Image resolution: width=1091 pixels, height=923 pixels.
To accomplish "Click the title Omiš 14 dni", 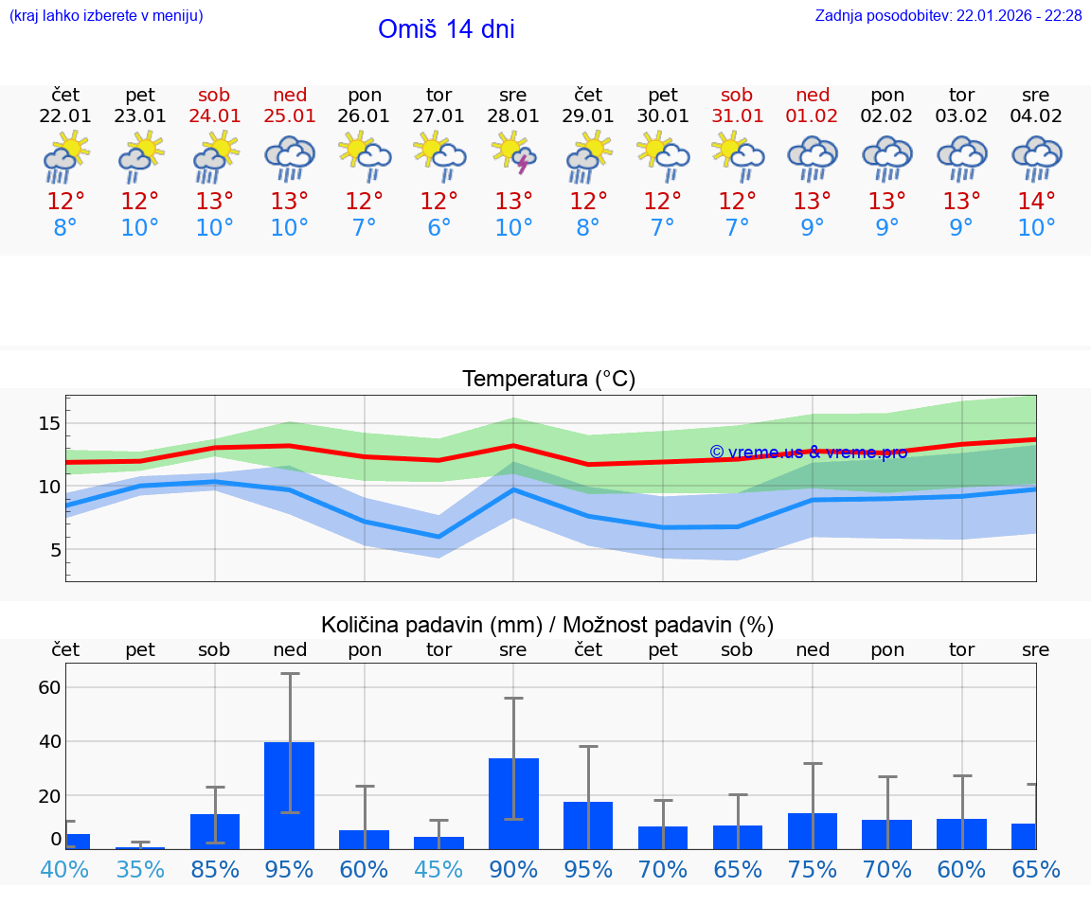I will click(446, 29).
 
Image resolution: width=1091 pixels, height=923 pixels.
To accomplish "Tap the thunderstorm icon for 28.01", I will click(513, 156).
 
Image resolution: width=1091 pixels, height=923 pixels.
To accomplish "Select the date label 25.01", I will click(290, 116).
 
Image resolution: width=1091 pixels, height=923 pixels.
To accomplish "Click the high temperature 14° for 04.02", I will click(1036, 201).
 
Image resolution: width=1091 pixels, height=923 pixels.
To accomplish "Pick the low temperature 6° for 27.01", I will click(438, 227).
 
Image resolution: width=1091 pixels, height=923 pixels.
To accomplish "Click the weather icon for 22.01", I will click(65, 156).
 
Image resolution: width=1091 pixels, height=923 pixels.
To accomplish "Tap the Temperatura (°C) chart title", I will click(548, 380).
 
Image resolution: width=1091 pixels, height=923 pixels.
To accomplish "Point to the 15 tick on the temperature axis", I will click(49, 423).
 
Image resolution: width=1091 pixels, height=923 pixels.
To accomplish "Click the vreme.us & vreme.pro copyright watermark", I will click(808, 452).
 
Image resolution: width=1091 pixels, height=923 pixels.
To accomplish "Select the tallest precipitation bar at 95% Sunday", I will click(290, 795).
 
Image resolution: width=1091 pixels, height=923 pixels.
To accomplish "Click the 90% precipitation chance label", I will click(513, 869).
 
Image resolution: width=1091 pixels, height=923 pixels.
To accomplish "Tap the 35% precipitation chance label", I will click(140, 869).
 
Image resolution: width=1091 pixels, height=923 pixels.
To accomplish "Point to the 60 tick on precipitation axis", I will click(49, 687).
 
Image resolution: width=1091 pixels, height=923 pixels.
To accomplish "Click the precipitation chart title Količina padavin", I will click(547, 625).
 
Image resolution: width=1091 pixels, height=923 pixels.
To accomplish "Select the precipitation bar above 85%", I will click(215, 831).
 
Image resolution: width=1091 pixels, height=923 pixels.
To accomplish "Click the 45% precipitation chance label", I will click(438, 869).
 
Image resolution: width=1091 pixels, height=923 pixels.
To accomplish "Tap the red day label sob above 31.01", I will click(737, 95).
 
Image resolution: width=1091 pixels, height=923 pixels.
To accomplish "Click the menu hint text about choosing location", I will click(106, 15).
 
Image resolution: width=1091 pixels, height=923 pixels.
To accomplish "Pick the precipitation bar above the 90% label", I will click(513, 804).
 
